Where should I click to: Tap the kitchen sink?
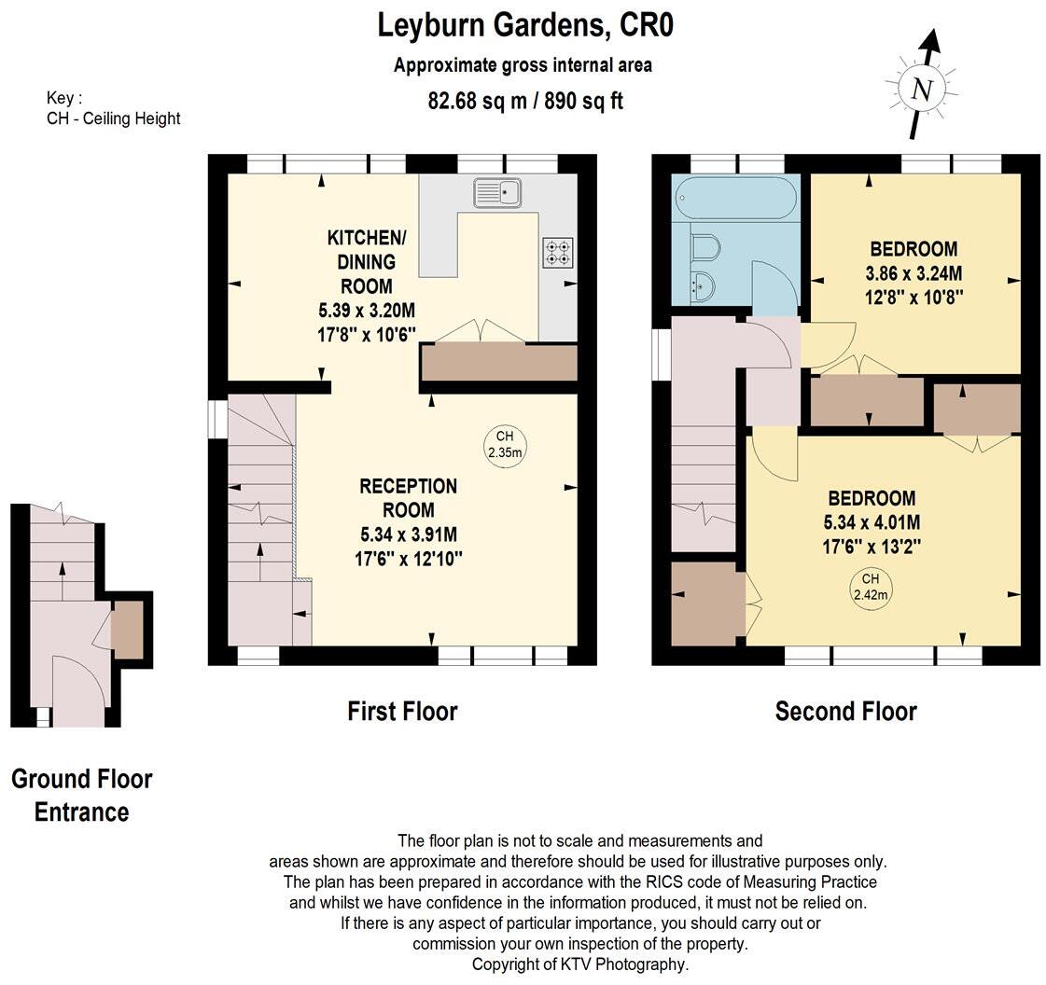click(x=497, y=193)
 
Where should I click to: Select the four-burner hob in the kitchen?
click(x=557, y=252)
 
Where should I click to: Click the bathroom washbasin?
click(x=700, y=286)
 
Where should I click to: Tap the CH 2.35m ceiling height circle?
click(x=505, y=445)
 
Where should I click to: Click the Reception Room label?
click(x=409, y=498)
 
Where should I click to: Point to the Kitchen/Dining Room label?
click(x=360, y=261)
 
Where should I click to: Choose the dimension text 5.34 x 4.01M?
click(x=872, y=522)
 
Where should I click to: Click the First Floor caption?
click(x=402, y=712)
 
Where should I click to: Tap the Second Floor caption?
click(x=845, y=712)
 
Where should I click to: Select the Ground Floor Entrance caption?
click(x=81, y=795)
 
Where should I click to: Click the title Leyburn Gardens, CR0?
click(x=524, y=25)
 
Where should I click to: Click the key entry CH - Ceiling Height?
click(x=113, y=118)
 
